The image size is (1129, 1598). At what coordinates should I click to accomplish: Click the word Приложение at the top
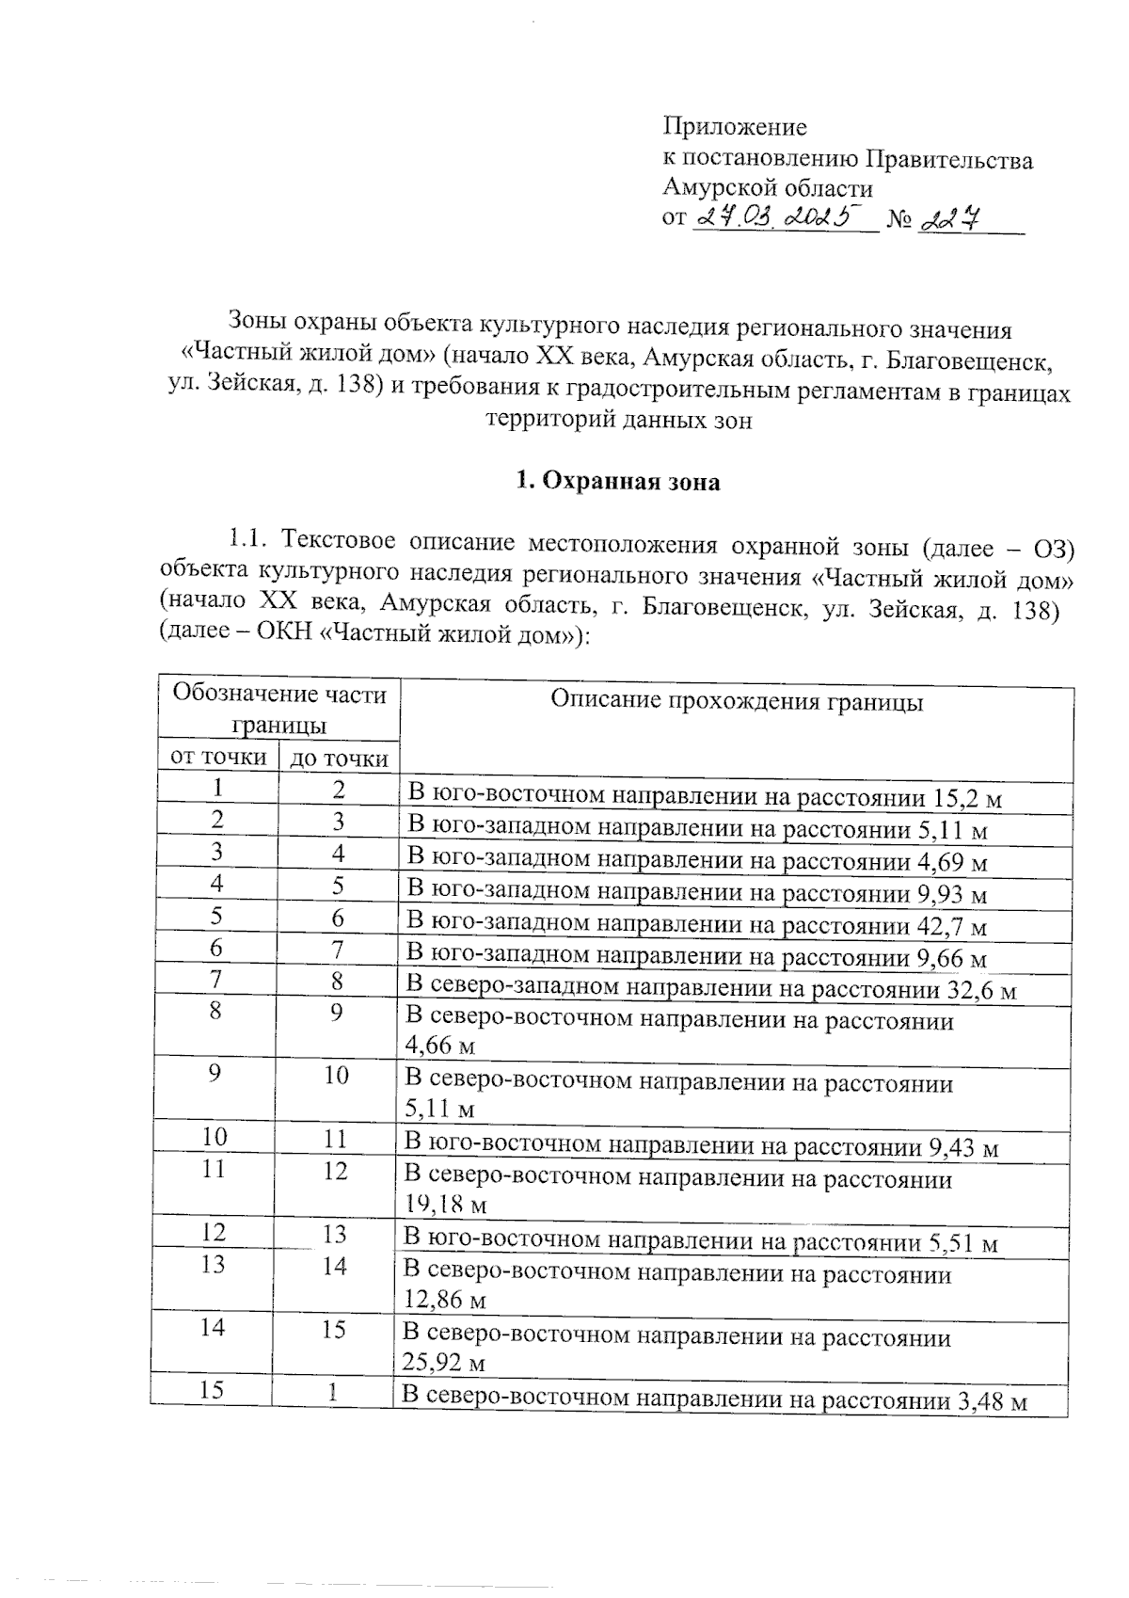(735, 126)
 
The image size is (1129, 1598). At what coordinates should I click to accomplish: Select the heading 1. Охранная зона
(618, 483)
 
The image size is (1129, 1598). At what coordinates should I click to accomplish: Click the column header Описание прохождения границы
(736, 702)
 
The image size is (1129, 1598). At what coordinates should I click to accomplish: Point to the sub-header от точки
(217, 758)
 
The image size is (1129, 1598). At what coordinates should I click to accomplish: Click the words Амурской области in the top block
(768, 187)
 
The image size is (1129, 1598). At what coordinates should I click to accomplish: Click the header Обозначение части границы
(279, 710)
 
